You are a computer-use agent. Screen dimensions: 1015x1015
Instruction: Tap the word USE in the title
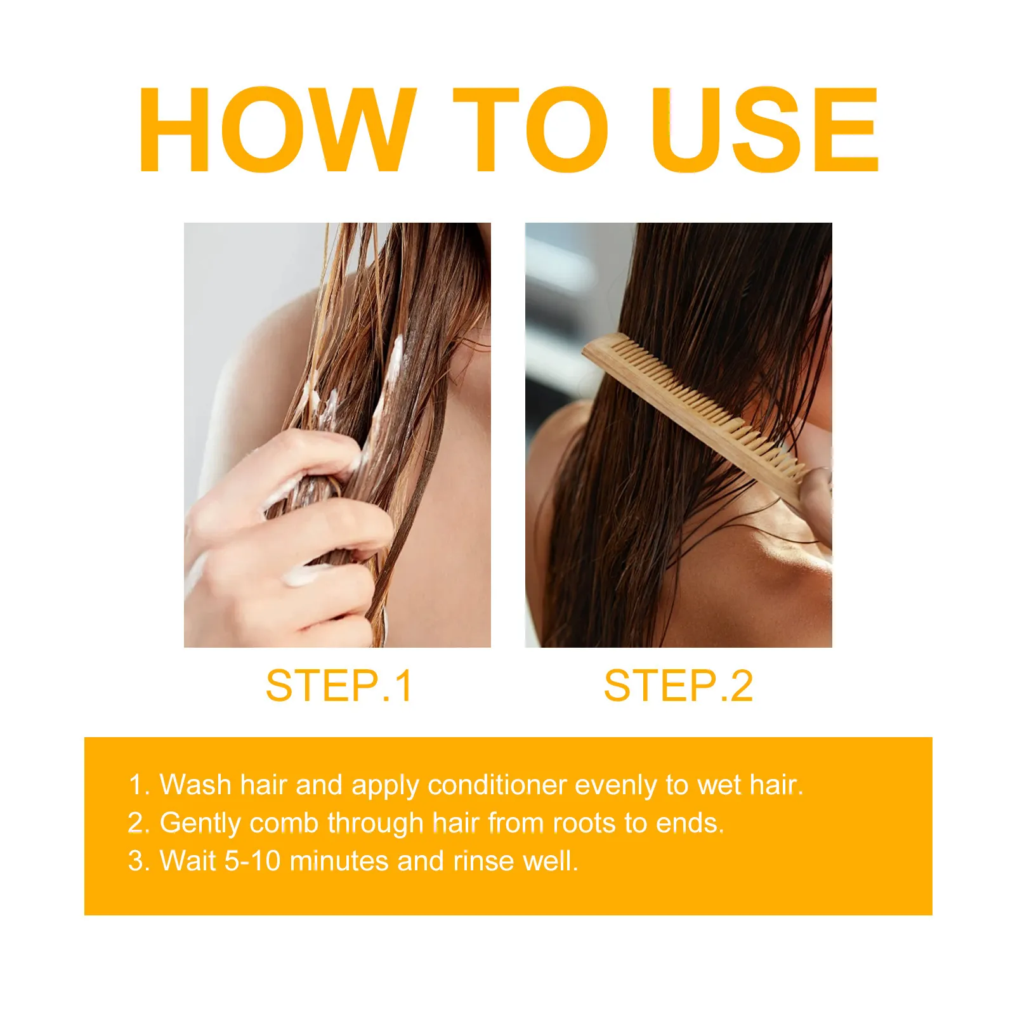(x=765, y=129)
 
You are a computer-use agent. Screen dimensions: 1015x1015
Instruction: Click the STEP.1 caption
(x=339, y=686)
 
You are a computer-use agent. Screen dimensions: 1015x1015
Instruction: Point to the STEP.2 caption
(x=678, y=686)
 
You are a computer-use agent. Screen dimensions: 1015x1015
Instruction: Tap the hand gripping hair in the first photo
(x=285, y=533)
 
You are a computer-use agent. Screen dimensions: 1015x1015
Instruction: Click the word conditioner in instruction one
(x=497, y=785)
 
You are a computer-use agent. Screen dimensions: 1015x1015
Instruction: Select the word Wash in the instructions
(x=196, y=785)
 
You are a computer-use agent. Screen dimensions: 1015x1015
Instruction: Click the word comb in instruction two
(x=284, y=823)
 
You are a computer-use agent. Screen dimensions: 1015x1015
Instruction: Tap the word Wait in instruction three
(x=188, y=861)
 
